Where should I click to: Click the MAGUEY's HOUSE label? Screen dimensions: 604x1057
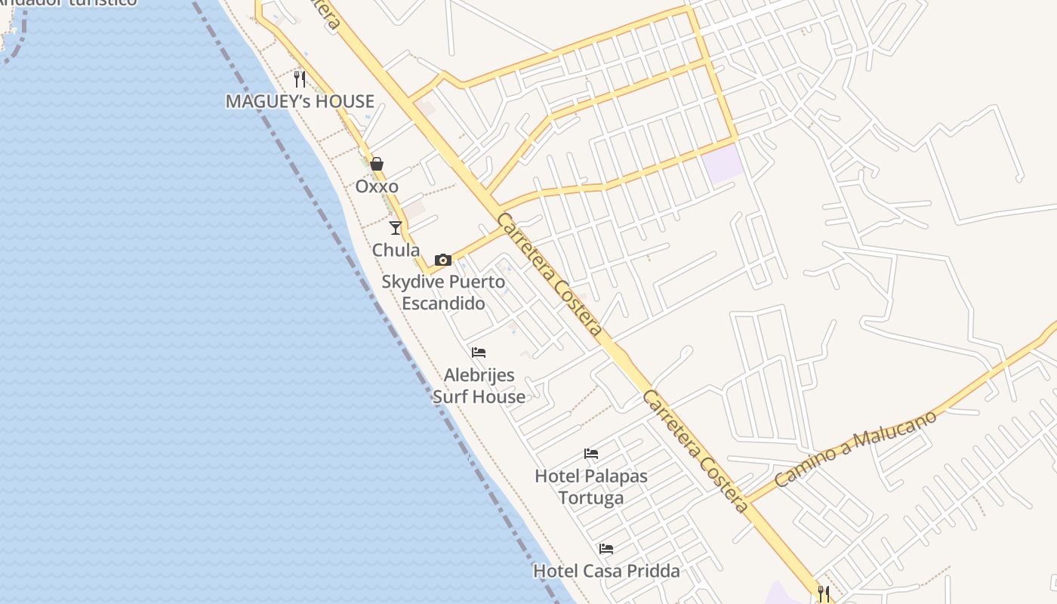tap(300, 101)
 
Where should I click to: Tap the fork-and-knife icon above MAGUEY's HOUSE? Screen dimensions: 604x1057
tap(300, 79)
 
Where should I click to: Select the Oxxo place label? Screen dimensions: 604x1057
tap(377, 186)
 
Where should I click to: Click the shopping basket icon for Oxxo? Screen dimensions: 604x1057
tap(377, 164)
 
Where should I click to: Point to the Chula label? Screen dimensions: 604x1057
tap(396, 250)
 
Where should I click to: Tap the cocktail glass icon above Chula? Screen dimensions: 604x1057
tap(396, 227)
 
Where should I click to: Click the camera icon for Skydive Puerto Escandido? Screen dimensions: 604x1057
tap(443, 260)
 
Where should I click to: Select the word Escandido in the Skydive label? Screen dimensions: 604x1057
tap(443, 304)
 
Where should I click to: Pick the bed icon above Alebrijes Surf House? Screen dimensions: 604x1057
tap(479, 353)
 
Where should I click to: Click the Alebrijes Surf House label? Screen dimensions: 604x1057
tap(479, 386)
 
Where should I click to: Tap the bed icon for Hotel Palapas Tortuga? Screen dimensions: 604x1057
tap(591, 454)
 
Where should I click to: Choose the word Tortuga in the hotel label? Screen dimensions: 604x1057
tap(591, 498)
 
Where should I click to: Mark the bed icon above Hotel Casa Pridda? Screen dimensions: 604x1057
tap(606, 549)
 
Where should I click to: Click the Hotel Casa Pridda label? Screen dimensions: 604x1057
tap(606, 571)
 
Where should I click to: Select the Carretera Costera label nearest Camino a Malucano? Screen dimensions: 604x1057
tap(695, 451)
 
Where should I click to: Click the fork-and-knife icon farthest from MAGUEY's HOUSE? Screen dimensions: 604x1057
tap(824, 594)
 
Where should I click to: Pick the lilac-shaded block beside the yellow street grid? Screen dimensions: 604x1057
tap(723, 163)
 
